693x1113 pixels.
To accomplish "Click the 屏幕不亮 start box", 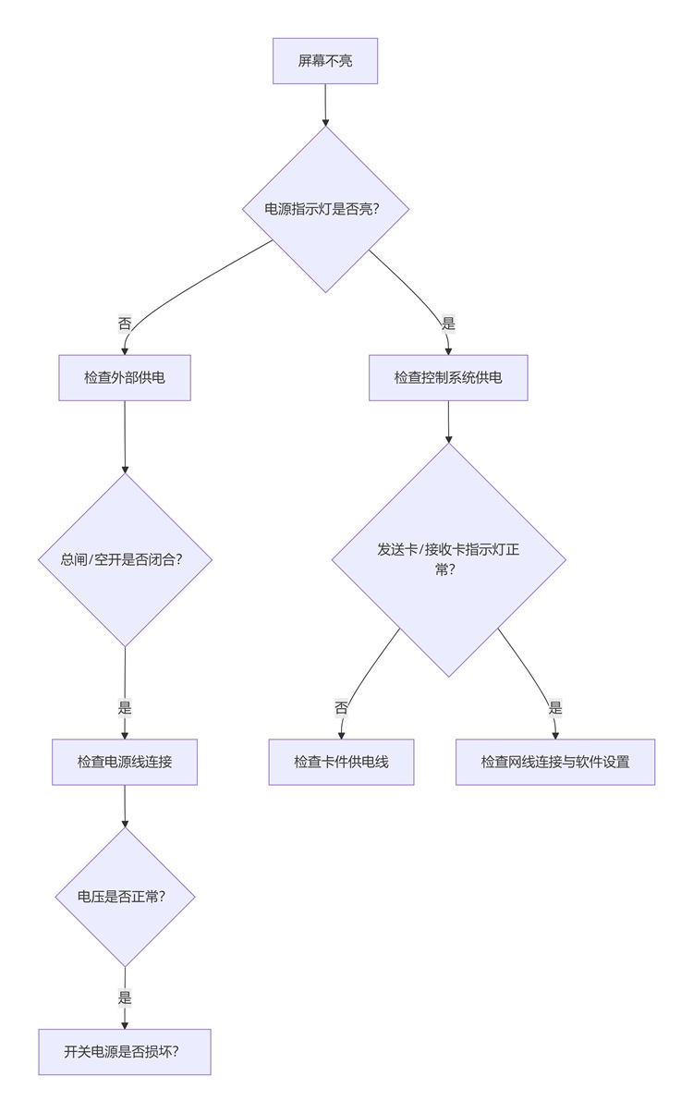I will click(x=325, y=61).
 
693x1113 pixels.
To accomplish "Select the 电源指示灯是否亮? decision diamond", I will click(x=325, y=209).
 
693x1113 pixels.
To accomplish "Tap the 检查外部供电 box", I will click(x=125, y=377).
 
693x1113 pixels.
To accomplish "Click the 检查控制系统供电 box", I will click(x=448, y=377).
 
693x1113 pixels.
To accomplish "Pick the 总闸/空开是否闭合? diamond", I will click(x=125, y=559).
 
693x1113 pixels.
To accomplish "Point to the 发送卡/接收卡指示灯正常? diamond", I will click(x=448, y=559).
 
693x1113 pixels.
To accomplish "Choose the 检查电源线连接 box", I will click(x=125, y=762).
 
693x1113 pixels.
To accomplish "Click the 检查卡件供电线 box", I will click(x=341, y=762).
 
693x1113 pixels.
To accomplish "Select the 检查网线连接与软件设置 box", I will click(x=555, y=762).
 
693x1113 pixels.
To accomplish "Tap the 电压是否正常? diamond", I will click(x=125, y=897).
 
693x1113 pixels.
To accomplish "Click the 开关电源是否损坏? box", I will click(x=125, y=1052).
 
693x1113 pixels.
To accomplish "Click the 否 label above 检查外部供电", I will click(x=125, y=324).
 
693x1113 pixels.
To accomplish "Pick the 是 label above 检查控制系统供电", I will click(x=448, y=324).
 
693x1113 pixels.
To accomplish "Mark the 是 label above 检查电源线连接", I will click(x=125, y=708).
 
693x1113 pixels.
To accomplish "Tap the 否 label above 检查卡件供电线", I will click(x=341, y=708).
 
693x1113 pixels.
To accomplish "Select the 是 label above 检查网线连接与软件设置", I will click(x=555, y=708).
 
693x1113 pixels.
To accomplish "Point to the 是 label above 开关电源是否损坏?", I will click(x=125, y=997).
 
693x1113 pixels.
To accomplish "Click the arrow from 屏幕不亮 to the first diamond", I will click(x=325, y=104).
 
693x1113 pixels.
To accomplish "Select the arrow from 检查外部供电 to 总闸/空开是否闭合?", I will click(x=125, y=436).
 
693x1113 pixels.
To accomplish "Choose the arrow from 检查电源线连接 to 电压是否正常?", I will click(x=125, y=806).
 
